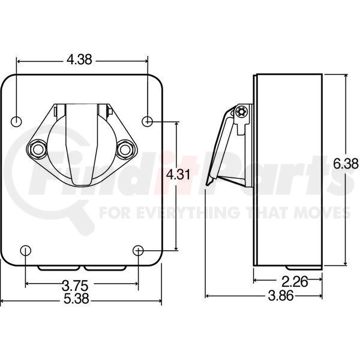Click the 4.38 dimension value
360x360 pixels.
pyautogui.click(x=81, y=60)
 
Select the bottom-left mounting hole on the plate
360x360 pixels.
pyautogui.click(x=25, y=250)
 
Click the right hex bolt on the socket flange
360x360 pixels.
pyautogui.click(x=124, y=148)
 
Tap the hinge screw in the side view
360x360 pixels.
pyautogui.click(x=242, y=112)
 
